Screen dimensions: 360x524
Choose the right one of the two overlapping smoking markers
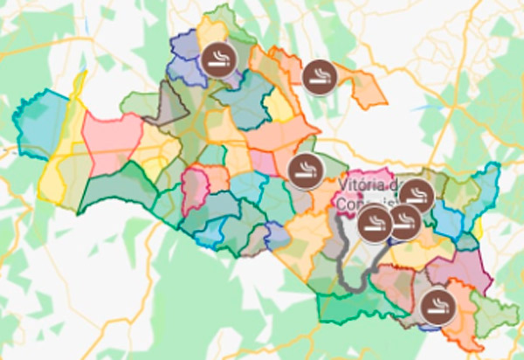pyautogui.click(x=403, y=222)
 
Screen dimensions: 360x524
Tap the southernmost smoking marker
pyautogui.click(x=436, y=307)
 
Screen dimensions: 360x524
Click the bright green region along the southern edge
pyautogui.click(x=349, y=306)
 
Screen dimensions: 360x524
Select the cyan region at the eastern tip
pyautogui.click(x=485, y=188)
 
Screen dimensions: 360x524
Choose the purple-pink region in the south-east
pyautogui.click(x=472, y=267)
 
